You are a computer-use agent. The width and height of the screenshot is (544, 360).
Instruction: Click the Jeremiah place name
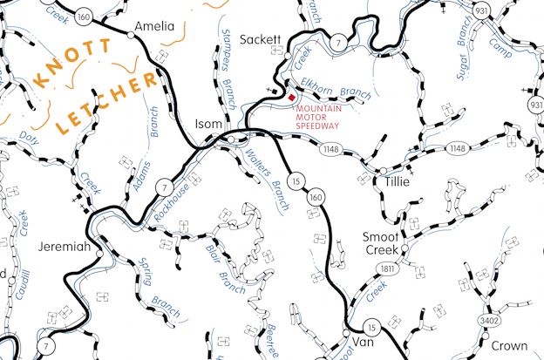(65, 247)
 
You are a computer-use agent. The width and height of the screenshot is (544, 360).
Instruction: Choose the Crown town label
(508, 345)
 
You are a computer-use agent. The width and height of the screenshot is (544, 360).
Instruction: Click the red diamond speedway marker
(291, 98)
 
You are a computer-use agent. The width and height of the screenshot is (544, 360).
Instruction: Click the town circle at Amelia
(133, 36)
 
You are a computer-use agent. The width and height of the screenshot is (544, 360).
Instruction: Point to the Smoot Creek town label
(380, 242)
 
